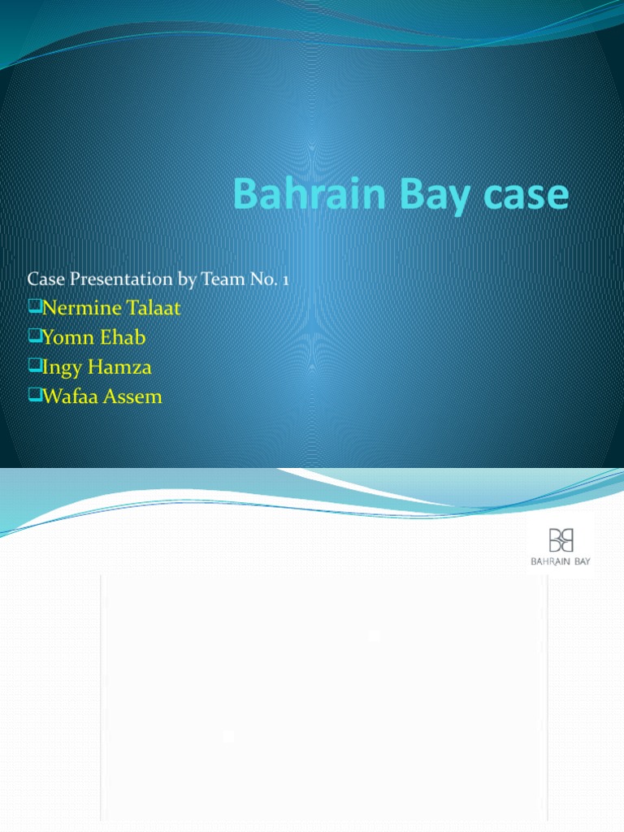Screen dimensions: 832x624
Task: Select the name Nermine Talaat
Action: click(x=110, y=309)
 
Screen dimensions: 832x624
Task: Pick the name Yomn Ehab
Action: click(x=95, y=338)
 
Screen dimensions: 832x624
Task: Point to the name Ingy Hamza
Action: click(x=96, y=367)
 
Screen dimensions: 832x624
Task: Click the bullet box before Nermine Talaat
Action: click(x=33, y=308)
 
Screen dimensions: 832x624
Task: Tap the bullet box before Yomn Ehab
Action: click(x=33, y=337)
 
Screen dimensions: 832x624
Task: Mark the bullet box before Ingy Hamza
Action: click(x=33, y=366)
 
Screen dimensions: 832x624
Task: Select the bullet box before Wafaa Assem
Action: click(x=33, y=396)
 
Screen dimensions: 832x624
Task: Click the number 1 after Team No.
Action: click(x=286, y=279)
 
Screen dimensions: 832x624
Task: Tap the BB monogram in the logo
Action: click(x=561, y=540)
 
